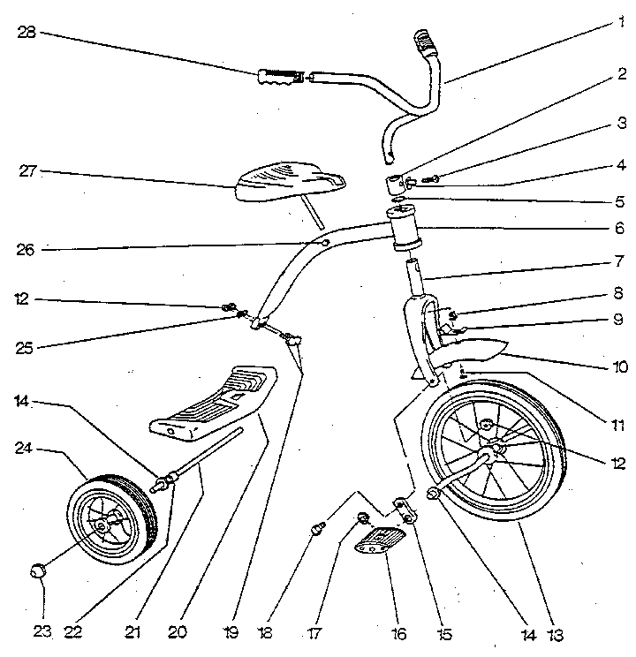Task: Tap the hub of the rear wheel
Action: tap(103, 525)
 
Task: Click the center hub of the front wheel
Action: tap(494, 449)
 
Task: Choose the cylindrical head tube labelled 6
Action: tap(405, 232)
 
